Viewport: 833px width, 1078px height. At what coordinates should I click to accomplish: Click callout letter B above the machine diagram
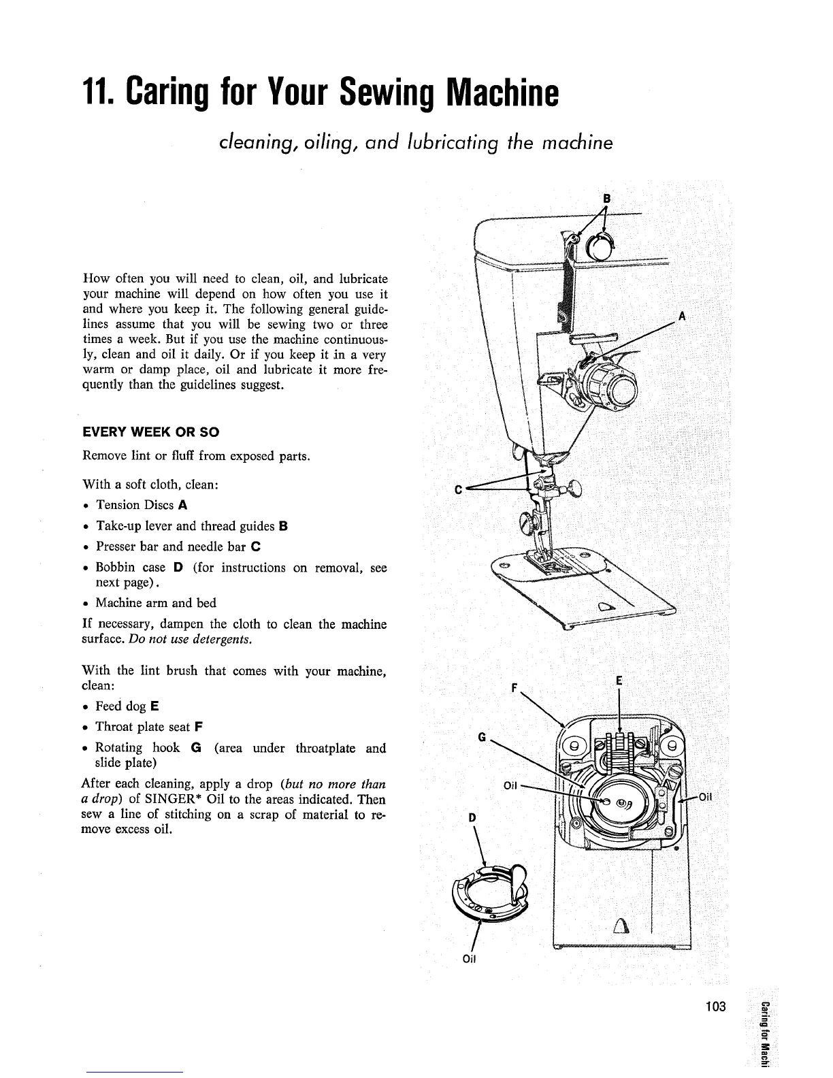pyautogui.click(x=607, y=198)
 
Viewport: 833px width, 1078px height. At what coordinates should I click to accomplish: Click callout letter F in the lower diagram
pyautogui.click(x=522, y=688)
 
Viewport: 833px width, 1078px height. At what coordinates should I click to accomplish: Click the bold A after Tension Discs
pyautogui.click(x=183, y=505)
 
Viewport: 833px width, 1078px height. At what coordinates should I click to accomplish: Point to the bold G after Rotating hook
pyautogui.click(x=196, y=748)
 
